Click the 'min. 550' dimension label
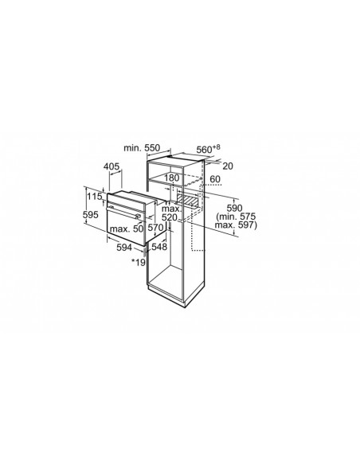point(142,147)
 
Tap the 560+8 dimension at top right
point(209,149)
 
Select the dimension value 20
point(228,166)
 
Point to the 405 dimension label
point(112,166)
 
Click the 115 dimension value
point(95,197)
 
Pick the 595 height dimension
point(91,215)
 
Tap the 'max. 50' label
point(127,229)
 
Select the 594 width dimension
point(124,247)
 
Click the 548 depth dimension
point(159,247)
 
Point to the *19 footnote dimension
point(139,262)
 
